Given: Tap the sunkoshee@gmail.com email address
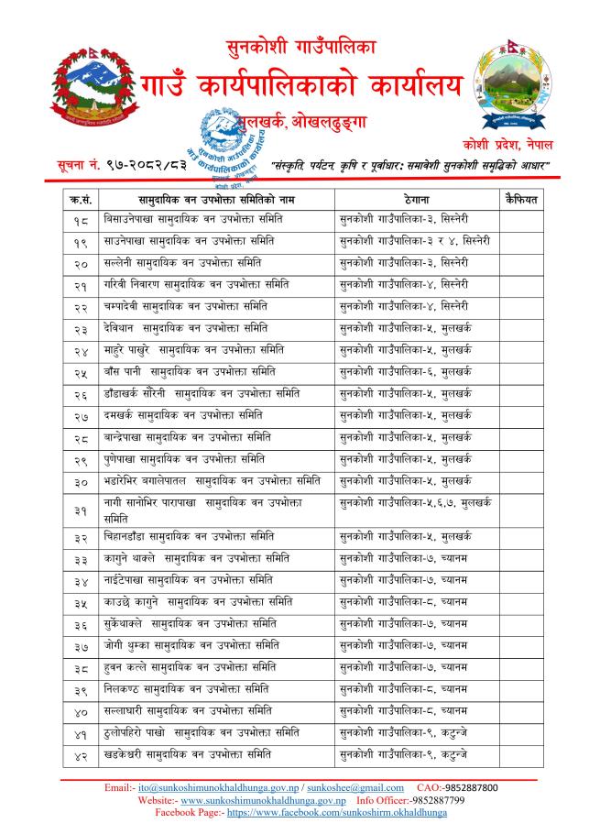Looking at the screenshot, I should coord(354,786).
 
